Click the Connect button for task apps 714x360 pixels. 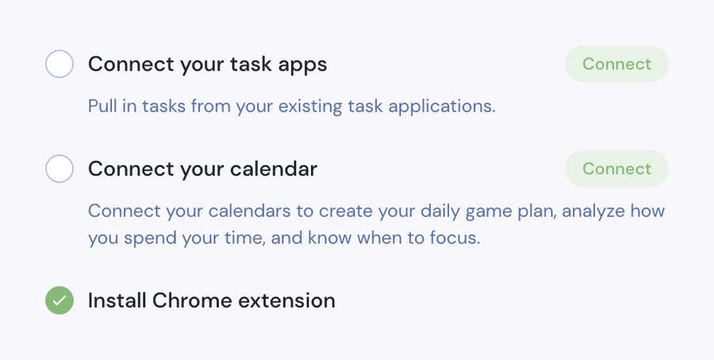616,64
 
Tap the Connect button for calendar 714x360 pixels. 616,169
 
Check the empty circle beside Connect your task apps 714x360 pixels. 59,64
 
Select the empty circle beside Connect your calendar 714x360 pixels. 59,169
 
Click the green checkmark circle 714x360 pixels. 59,301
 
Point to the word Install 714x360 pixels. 117,301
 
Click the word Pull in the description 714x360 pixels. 102,106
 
